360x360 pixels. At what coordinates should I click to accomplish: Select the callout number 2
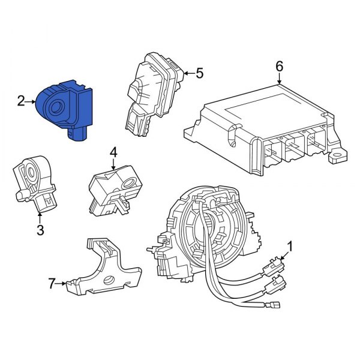click(20, 102)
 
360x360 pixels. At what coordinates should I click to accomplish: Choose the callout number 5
click(199, 73)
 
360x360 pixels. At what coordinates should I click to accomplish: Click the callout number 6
click(280, 66)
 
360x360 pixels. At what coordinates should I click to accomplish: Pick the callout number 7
click(52, 281)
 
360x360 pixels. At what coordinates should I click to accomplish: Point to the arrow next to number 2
click(31, 102)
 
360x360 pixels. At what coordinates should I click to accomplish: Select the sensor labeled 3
click(34, 180)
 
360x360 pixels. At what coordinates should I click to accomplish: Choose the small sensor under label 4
click(111, 186)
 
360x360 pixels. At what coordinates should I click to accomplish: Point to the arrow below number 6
click(280, 79)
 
